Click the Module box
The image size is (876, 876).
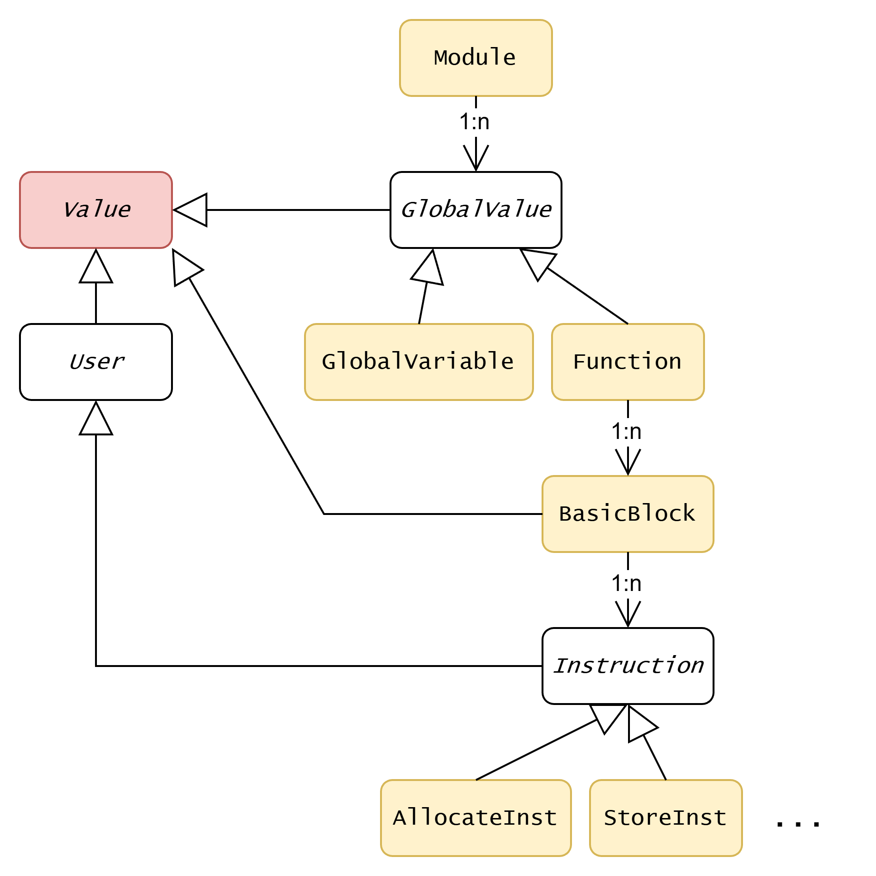(x=476, y=58)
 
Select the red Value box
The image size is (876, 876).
(x=96, y=210)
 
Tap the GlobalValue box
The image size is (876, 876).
(x=476, y=210)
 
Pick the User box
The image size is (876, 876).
(x=96, y=362)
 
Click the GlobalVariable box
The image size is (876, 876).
(x=419, y=362)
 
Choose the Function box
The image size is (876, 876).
(x=628, y=362)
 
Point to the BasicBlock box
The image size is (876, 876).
(x=628, y=514)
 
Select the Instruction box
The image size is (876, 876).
(x=628, y=666)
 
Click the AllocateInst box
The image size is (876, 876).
(x=476, y=818)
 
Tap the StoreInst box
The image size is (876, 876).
(x=666, y=818)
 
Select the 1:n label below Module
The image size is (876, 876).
(x=475, y=122)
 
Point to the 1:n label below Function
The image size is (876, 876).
(x=627, y=431)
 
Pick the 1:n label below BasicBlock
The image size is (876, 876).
(x=627, y=583)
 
